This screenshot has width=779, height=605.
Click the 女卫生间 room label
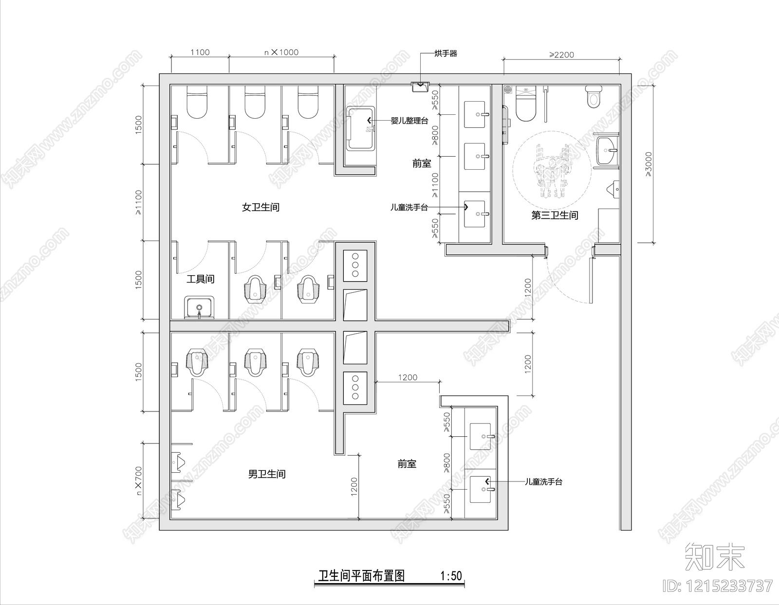(260, 208)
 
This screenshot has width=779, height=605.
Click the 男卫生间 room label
(267, 474)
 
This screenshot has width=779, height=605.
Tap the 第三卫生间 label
(555, 215)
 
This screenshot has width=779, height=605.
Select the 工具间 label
(200, 280)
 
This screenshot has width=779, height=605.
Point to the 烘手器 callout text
(446, 53)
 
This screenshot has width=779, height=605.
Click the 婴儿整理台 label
(409, 121)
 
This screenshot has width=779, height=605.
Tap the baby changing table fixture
(360, 127)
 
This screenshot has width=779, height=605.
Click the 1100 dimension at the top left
(200, 53)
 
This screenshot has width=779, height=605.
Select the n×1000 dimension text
(281, 53)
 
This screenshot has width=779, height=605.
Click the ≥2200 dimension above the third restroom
(561, 55)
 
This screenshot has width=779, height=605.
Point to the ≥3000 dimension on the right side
(648, 164)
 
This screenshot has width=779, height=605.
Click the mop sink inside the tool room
(199, 308)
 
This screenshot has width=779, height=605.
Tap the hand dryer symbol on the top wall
(420, 87)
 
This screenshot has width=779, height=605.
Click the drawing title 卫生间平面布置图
(361, 576)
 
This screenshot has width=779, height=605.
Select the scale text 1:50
(451, 576)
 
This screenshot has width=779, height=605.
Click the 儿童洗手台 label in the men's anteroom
(543, 482)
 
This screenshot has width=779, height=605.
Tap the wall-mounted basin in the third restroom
(606, 151)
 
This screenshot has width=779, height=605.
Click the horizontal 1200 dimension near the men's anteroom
(408, 377)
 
